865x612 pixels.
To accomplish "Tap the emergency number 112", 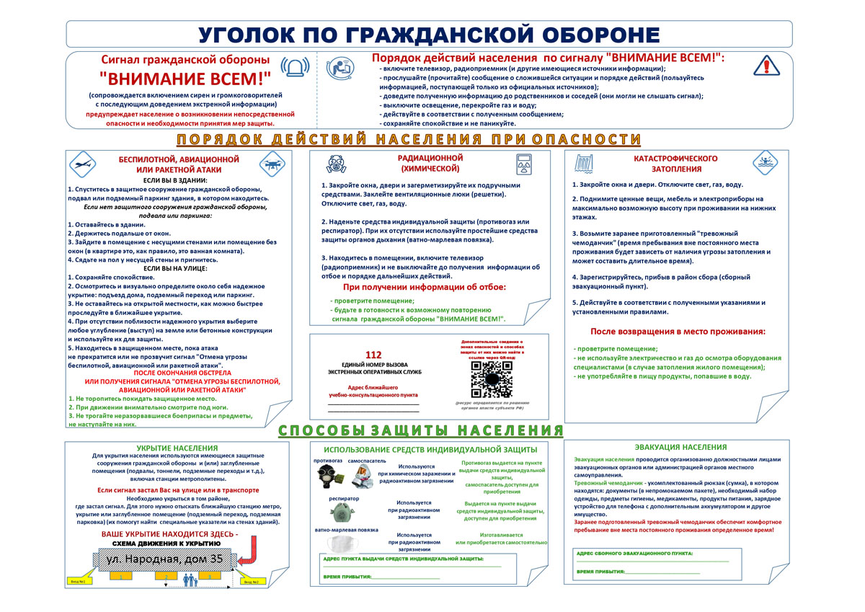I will (373, 355).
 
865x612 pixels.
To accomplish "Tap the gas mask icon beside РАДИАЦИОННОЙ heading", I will (336, 163).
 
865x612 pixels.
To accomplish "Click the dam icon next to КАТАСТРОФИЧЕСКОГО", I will (582, 163).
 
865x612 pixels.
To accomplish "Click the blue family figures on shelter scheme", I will (187, 580).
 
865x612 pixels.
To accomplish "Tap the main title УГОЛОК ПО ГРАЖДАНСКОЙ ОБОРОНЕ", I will (430, 35).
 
